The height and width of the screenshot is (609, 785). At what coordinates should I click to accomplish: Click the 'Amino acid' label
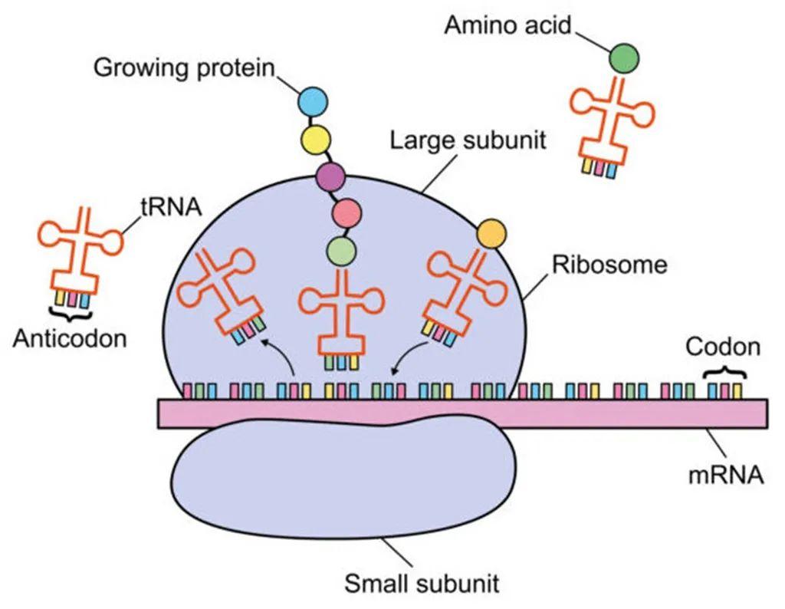508,25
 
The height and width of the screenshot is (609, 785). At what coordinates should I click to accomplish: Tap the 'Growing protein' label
184,67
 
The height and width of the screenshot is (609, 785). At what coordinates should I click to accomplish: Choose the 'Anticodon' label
70,337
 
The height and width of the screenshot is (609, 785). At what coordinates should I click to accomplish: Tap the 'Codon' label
723,347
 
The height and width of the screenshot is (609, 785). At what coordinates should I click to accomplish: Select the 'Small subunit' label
422,584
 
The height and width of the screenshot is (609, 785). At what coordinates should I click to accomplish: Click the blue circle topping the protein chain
313,102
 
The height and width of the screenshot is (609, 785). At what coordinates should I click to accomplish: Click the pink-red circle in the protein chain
347,212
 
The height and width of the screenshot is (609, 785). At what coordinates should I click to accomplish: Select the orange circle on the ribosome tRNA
490,232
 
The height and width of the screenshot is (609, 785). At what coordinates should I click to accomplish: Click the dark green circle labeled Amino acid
624,58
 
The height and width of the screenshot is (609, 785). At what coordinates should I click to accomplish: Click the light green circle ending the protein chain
340,251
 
